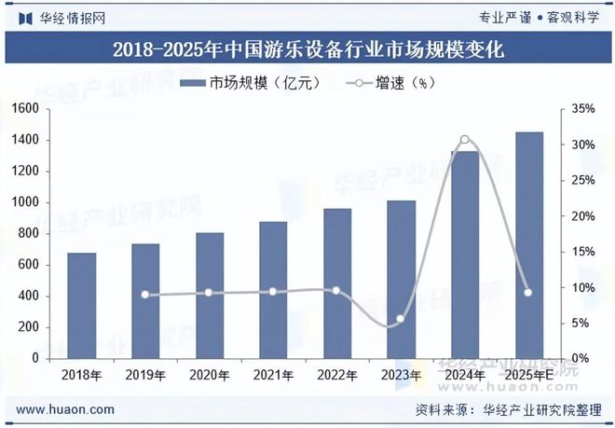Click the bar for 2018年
click(81, 305)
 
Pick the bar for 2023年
click(401, 279)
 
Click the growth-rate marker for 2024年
click(465, 140)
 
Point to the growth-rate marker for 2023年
click(401, 319)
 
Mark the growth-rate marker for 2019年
click(144, 295)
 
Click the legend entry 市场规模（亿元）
click(250, 83)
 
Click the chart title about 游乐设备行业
click(307, 50)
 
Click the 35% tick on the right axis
click(582, 109)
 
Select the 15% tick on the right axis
click(582, 252)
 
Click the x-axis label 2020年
click(209, 375)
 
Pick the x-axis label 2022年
click(336, 375)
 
